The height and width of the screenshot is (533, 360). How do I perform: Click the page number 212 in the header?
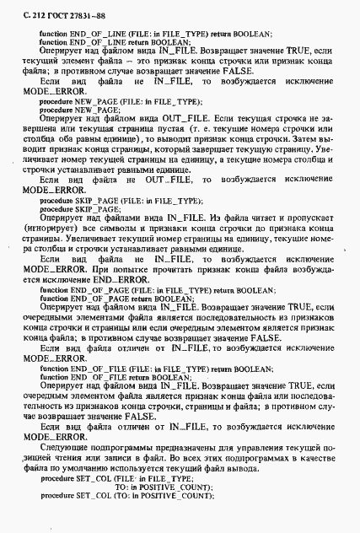(29, 9)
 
